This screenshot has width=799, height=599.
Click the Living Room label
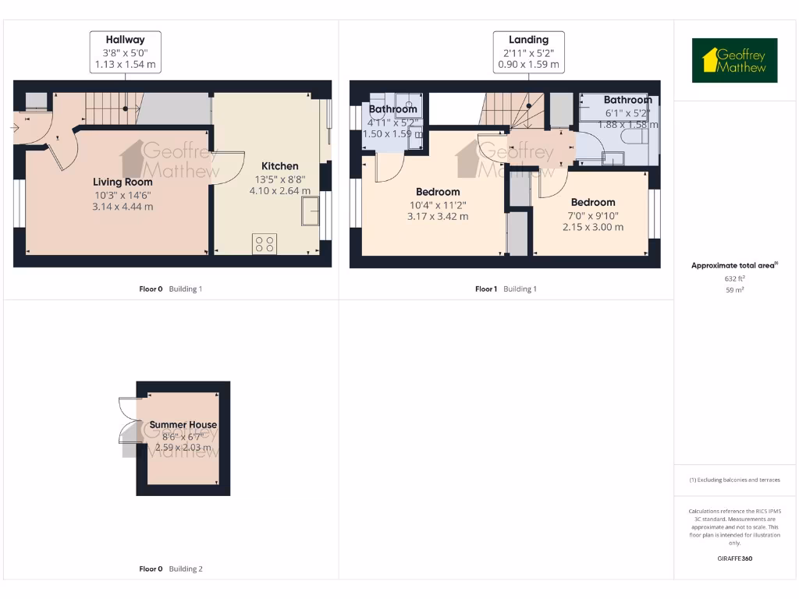(123, 182)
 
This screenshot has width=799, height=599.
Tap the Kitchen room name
(279, 165)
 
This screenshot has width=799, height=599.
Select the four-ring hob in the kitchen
(265, 243)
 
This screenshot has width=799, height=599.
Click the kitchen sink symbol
(311, 211)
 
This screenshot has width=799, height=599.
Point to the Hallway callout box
(126, 52)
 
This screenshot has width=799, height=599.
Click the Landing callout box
(528, 52)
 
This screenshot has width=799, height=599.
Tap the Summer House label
(183, 425)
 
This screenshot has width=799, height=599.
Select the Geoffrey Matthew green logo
(734, 61)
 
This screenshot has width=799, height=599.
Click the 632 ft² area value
(734, 278)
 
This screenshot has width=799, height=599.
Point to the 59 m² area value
(734, 289)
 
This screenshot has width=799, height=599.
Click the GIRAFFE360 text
(734, 558)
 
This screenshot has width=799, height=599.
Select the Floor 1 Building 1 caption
(506, 289)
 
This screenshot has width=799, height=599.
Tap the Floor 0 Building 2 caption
(171, 569)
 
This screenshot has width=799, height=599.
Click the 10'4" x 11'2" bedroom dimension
(438, 204)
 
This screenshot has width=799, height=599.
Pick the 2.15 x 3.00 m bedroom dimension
(593, 227)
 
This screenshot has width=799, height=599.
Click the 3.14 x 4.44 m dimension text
(123, 207)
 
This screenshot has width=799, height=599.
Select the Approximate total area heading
(733, 266)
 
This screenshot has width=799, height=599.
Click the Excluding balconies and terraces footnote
(734, 480)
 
